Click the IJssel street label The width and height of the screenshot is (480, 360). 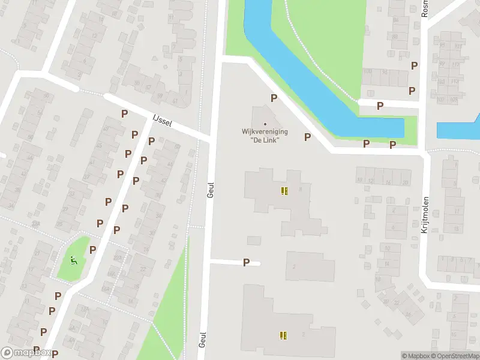click(162, 121)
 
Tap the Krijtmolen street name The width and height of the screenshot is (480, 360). click(425, 215)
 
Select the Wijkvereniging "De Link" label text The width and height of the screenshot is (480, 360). click(265, 135)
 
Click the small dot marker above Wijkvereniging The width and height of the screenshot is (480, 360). click(265, 124)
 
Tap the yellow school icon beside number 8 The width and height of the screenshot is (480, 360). click(284, 191)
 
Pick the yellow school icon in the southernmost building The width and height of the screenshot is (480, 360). click(283, 335)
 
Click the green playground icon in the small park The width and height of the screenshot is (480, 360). click(74, 260)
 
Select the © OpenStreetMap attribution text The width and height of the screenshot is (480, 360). click(455, 356)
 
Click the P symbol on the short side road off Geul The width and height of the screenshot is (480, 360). click(246, 262)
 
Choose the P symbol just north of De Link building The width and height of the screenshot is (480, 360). click(274, 98)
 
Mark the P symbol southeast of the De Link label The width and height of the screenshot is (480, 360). click(307, 137)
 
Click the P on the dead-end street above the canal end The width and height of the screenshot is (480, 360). click(380, 106)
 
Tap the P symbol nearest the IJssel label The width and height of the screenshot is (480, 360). click(124, 113)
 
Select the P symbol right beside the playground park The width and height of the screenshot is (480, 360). click(93, 250)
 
